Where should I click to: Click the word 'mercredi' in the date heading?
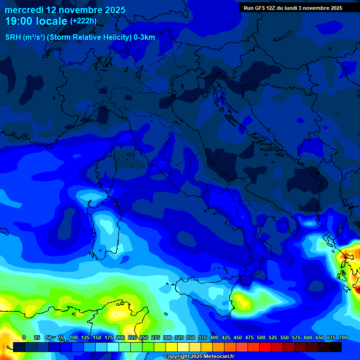coord(24,10)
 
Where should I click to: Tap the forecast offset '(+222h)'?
coord(83,21)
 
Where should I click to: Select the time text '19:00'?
coord(19,22)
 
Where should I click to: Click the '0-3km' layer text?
coord(144,37)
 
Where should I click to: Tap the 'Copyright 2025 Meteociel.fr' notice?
coord(198,357)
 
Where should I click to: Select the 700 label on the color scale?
coord(343,338)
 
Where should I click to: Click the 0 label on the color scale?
coord(24,338)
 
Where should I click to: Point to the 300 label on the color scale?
coord(167,338)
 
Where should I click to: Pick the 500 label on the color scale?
coord(261,338)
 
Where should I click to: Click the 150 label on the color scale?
coord(97,338)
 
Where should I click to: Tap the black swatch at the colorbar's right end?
coord(335,347)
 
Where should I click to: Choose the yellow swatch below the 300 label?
coord(172,347)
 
